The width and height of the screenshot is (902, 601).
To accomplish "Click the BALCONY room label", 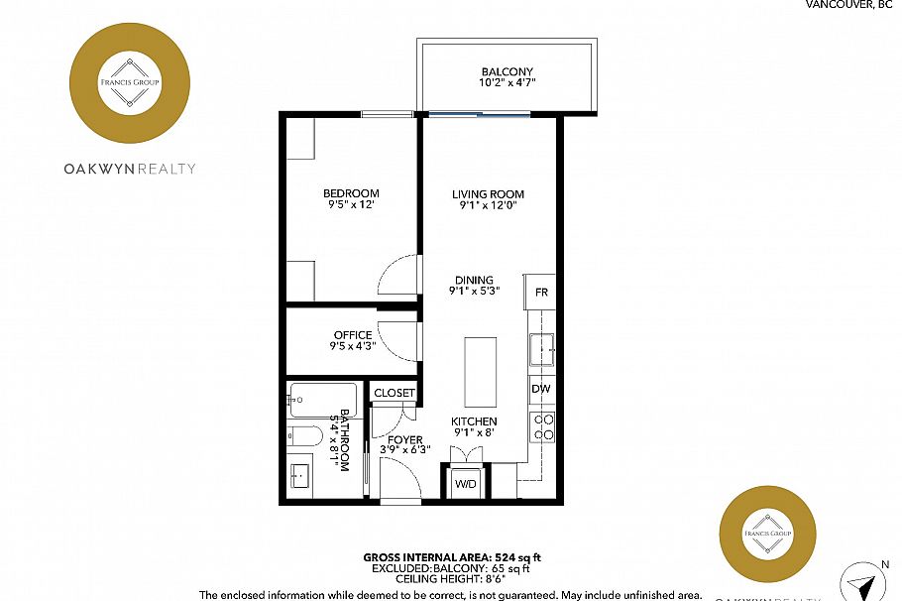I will (507, 72).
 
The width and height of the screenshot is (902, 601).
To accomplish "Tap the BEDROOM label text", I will (351, 193).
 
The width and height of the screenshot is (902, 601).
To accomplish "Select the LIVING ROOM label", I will (488, 194).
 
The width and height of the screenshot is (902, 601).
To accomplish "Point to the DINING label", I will (474, 280).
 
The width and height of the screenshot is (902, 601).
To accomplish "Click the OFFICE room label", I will (353, 335).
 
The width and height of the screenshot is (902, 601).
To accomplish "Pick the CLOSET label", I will (395, 393).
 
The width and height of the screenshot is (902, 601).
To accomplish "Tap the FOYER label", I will (405, 439).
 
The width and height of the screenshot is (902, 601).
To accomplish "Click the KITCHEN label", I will (474, 421).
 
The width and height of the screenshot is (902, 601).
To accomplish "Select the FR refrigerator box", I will (541, 294).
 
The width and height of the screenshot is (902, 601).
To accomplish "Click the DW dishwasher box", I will (541, 389).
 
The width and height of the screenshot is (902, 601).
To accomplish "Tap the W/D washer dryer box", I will (465, 484).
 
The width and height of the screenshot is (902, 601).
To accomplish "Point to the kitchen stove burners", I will (543, 426).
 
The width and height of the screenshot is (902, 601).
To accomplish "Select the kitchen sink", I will (541, 349).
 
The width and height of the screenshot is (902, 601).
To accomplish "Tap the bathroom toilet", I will (303, 436).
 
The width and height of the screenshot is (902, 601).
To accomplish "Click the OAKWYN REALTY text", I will (130, 169).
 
